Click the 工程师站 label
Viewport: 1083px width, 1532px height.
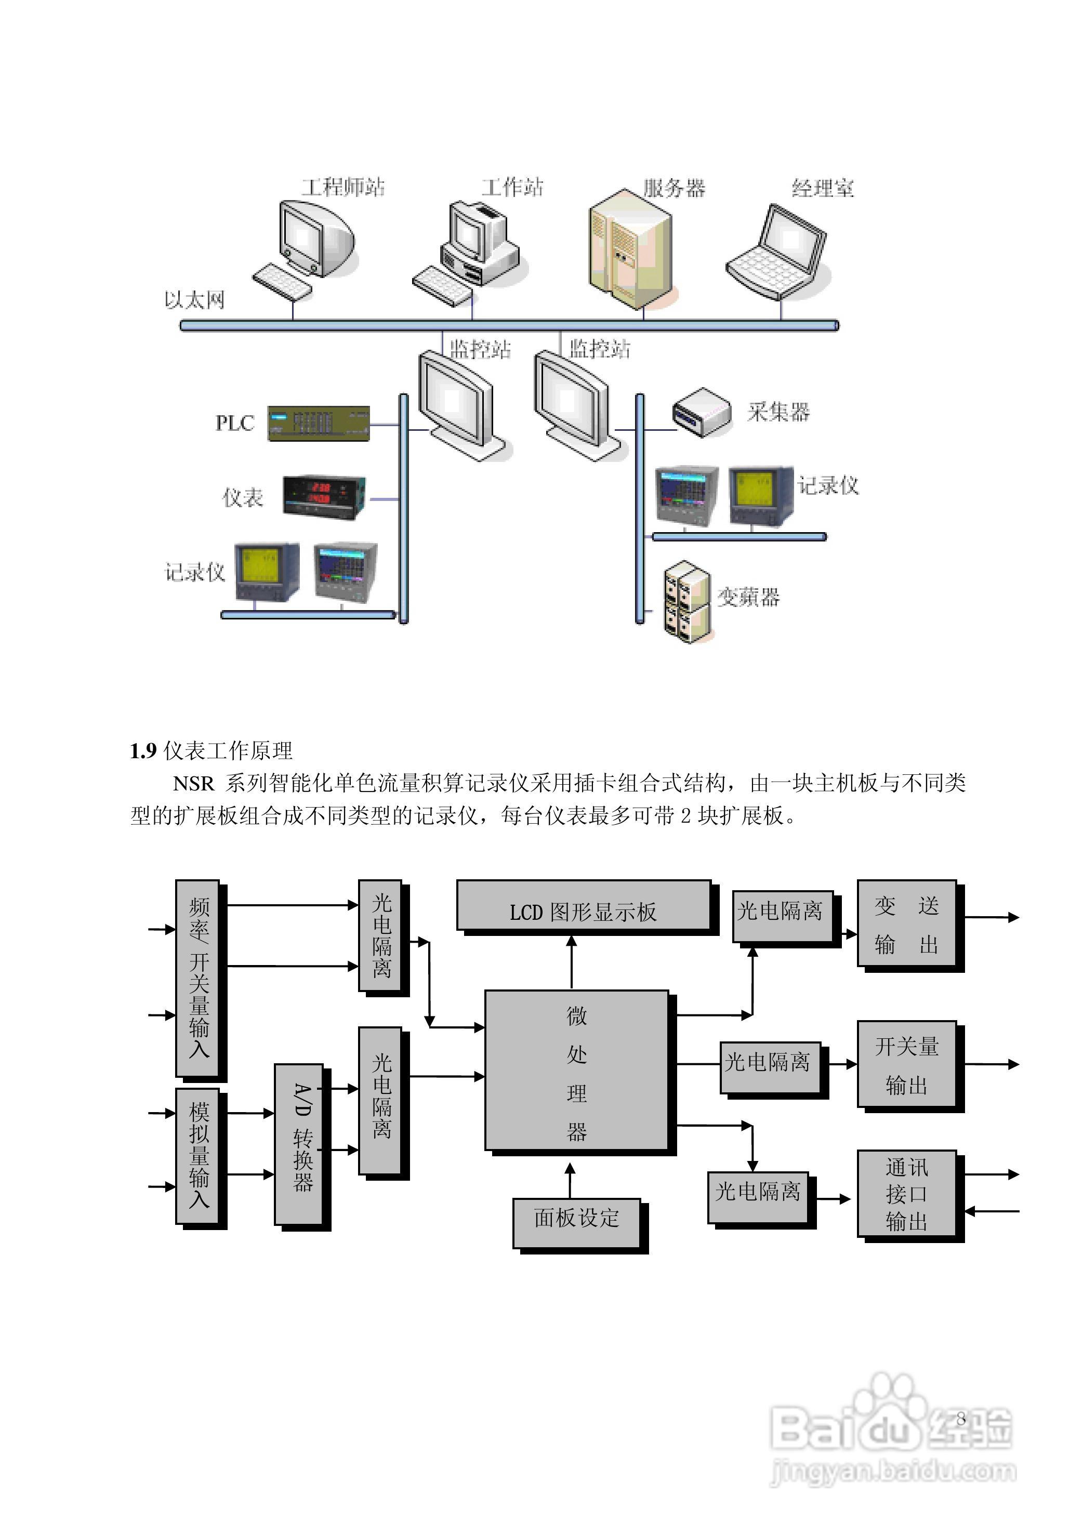(343, 187)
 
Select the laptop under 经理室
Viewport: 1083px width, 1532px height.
(777, 252)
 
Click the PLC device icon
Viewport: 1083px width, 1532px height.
(318, 423)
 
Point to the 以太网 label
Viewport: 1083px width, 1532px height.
(194, 300)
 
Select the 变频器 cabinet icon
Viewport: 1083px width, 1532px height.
(686, 602)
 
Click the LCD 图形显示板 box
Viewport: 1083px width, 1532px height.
(583, 912)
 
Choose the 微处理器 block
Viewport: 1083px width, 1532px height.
(576, 1072)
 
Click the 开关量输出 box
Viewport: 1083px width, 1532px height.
(906, 1065)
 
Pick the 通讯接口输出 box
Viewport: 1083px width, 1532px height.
(906, 1194)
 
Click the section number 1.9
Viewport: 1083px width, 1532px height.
(143, 751)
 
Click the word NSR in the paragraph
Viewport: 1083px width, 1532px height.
(193, 783)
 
